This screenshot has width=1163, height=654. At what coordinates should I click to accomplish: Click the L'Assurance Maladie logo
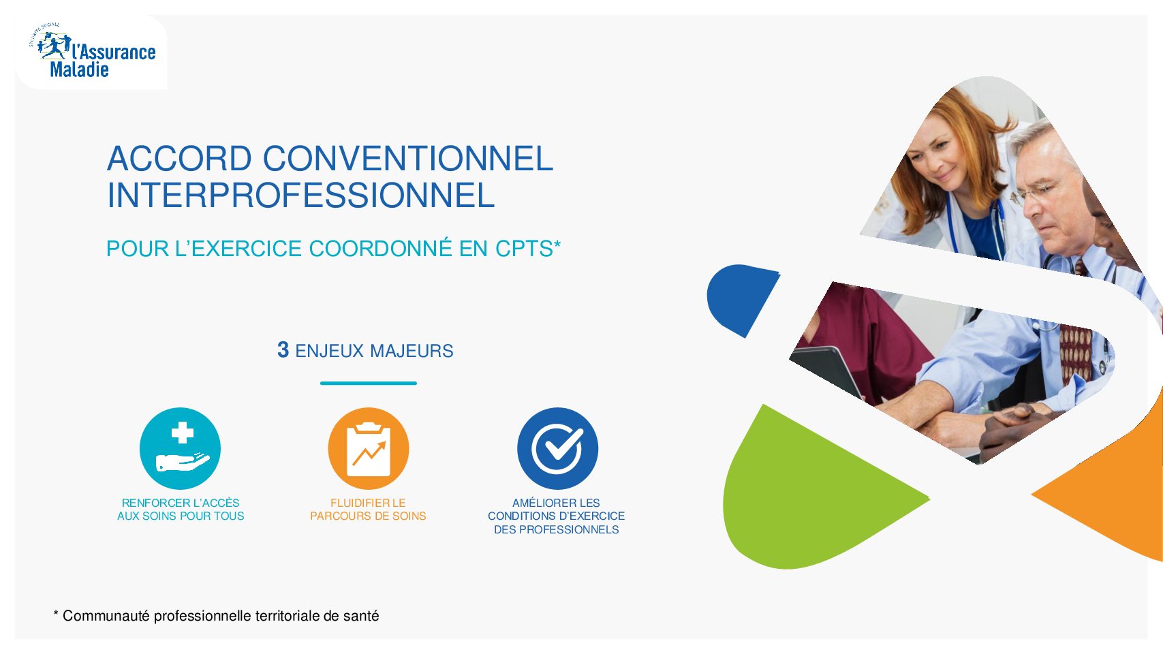pyautogui.click(x=93, y=52)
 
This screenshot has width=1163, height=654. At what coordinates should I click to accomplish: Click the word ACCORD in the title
pyautogui.click(x=179, y=158)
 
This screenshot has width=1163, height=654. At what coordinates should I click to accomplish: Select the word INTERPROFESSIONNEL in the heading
pyautogui.click(x=300, y=195)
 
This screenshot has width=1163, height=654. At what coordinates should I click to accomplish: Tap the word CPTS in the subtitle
pyautogui.click(x=524, y=249)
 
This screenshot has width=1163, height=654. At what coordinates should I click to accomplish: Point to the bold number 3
pyautogui.click(x=283, y=350)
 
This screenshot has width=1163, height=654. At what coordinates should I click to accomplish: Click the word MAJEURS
pyautogui.click(x=412, y=351)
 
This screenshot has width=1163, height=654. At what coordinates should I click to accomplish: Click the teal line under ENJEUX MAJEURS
pyautogui.click(x=368, y=383)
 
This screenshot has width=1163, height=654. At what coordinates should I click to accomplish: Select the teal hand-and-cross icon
pyautogui.click(x=180, y=448)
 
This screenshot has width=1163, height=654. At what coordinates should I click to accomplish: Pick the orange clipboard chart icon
pyautogui.click(x=369, y=448)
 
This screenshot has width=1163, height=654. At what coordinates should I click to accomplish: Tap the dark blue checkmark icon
pyautogui.click(x=557, y=448)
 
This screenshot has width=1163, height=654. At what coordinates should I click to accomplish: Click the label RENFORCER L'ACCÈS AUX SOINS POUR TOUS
pyautogui.click(x=181, y=509)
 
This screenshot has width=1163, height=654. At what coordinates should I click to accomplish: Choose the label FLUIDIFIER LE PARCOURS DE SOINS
pyautogui.click(x=368, y=509)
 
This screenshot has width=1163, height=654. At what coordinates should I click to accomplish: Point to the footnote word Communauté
pyautogui.click(x=106, y=616)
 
